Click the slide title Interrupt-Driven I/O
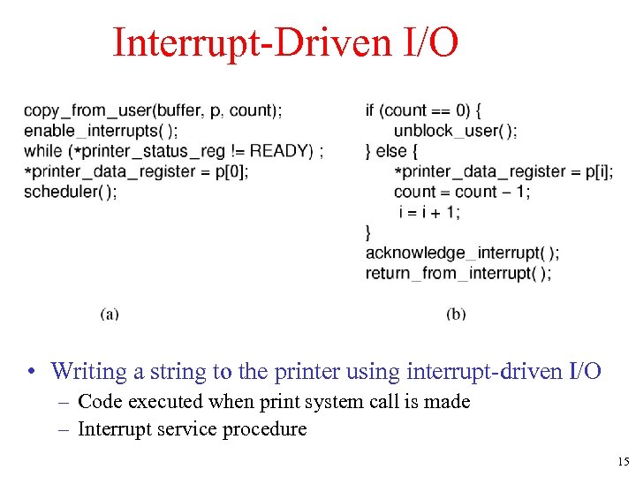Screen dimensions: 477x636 click(285, 42)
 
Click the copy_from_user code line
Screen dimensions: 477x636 click(153, 110)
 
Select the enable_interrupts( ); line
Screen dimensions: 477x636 click(100, 131)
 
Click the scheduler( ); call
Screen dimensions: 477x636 click(70, 192)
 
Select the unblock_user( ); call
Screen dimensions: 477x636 click(455, 131)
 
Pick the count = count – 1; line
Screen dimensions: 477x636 click(461, 192)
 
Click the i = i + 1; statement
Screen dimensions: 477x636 click(429, 212)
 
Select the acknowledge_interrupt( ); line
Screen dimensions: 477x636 click(462, 253)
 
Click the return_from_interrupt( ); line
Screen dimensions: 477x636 click(458, 273)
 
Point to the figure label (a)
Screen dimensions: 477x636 click(110, 314)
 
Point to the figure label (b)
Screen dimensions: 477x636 click(456, 314)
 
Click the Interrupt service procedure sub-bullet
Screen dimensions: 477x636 click(192, 429)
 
